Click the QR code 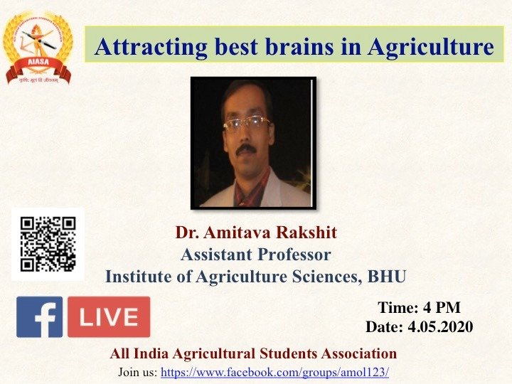tap(48, 244)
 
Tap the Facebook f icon tap(40, 316)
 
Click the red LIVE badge tap(109, 316)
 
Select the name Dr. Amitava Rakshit tap(256, 233)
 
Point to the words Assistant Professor tap(256, 255)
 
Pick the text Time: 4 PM tap(420, 308)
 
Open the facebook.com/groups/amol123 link tap(275, 372)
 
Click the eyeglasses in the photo tap(246, 124)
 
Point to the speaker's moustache tap(246, 150)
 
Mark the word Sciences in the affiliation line tap(323, 277)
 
